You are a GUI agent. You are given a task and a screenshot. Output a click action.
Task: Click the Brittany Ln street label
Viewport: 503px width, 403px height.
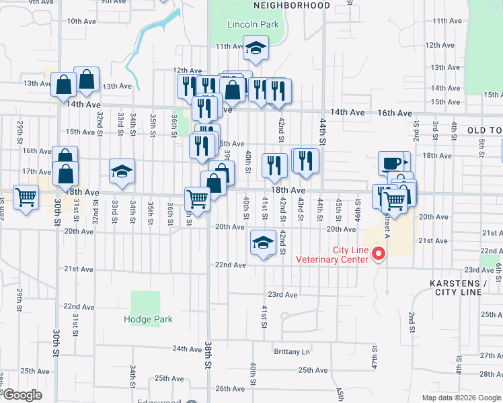(x=292, y=351)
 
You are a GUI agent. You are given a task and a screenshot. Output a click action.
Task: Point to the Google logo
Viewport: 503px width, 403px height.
(x=22, y=396)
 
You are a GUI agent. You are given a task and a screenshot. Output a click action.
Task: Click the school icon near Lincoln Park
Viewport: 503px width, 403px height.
(x=256, y=48)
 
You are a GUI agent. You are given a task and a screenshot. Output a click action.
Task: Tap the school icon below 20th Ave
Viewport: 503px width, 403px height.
(x=263, y=243)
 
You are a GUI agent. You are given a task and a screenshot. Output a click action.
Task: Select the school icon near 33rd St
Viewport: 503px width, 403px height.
(x=122, y=172)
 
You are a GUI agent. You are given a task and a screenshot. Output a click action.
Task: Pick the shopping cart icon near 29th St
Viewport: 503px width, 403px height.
(x=26, y=198)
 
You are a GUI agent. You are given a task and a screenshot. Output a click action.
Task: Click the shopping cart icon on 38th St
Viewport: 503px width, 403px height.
(x=197, y=199)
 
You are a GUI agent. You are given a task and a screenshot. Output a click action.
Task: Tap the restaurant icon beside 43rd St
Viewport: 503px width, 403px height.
(x=305, y=161)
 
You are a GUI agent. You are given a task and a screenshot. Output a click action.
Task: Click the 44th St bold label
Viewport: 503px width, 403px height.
(x=323, y=142)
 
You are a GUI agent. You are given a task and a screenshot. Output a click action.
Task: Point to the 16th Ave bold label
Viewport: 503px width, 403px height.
(x=394, y=114)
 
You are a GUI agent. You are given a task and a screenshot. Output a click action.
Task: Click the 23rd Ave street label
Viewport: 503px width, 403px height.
(x=282, y=294)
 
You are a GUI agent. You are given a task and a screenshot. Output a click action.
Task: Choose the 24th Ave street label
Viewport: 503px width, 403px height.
(x=187, y=349)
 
